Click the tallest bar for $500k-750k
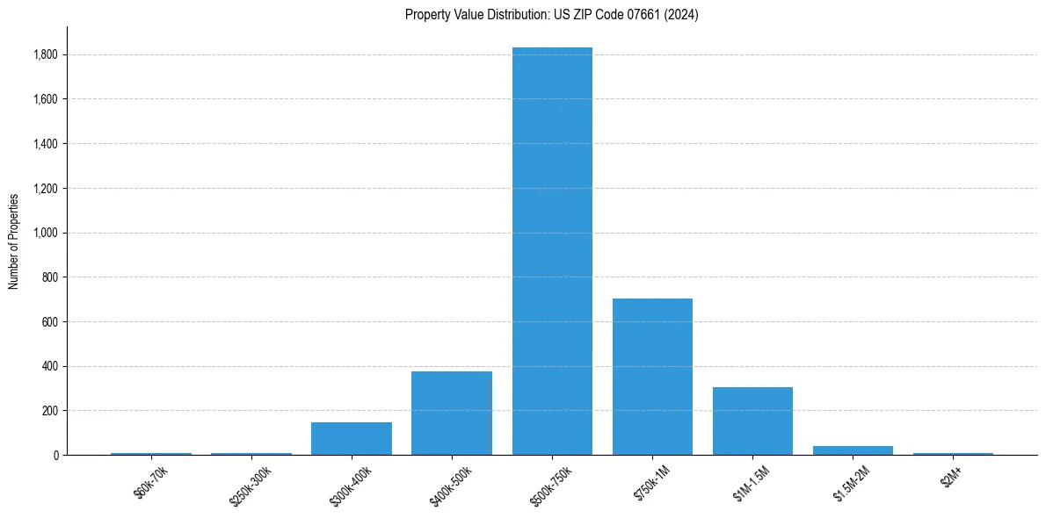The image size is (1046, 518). pyautogui.click(x=552, y=251)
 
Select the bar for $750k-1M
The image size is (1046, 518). pyautogui.click(x=652, y=377)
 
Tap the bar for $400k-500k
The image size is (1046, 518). pyautogui.click(x=452, y=413)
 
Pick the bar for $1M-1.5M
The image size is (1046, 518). pyautogui.click(x=752, y=421)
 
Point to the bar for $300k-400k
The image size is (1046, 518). pyautogui.click(x=352, y=438)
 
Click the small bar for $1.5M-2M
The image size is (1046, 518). pyautogui.click(x=853, y=450)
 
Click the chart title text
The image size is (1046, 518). pyautogui.click(x=551, y=15)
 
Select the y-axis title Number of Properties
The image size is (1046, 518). pyautogui.click(x=14, y=241)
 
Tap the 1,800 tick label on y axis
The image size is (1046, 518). pyautogui.click(x=46, y=54)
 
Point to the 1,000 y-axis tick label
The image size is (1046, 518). pyautogui.click(x=46, y=233)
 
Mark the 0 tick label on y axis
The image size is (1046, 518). pyautogui.click(x=55, y=455)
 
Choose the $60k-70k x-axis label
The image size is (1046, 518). pyautogui.click(x=150, y=483)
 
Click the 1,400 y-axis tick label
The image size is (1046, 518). pyautogui.click(x=46, y=144)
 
